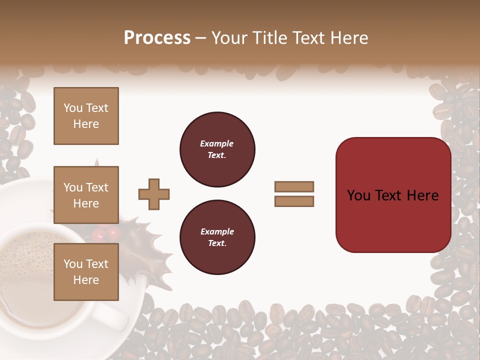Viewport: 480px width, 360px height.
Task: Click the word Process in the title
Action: click(x=157, y=37)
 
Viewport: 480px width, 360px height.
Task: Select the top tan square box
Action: click(x=86, y=116)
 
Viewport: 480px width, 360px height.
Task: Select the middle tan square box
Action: click(x=86, y=195)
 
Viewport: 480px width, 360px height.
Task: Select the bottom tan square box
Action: click(x=86, y=271)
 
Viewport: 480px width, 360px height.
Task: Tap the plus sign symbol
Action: click(x=154, y=194)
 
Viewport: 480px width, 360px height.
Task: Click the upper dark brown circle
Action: click(x=217, y=149)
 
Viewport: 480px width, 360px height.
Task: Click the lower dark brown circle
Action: click(x=217, y=237)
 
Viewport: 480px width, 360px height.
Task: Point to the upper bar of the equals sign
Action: click(x=294, y=186)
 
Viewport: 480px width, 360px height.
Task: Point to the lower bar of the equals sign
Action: click(x=294, y=201)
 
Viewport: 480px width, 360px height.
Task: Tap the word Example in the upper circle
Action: click(x=217, y=143)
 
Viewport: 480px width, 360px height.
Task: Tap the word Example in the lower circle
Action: click(x=217, y=231)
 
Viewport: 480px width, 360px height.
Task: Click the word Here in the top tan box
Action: click(x=86, y=124)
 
